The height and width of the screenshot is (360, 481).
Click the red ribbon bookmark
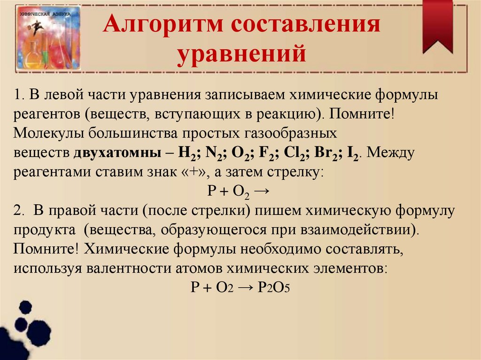pos(437,26)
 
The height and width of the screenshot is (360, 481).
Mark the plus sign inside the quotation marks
pos(196,171)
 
